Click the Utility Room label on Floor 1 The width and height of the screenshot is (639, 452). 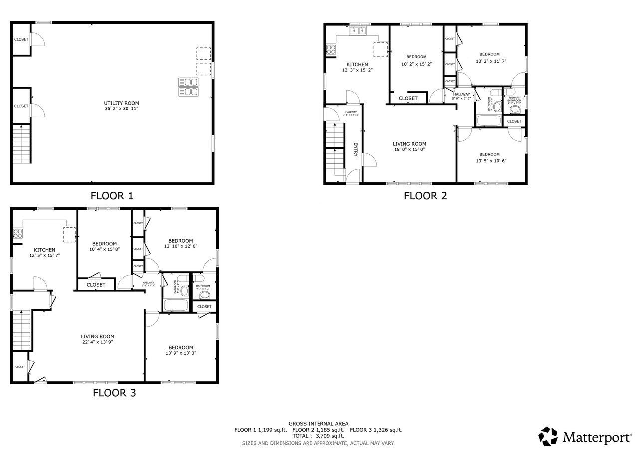coord(121,103)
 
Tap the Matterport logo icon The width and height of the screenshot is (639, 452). coord(548,436)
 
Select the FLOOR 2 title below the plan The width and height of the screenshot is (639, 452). coord(425,196)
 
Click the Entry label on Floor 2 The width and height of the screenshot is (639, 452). coord(356,150)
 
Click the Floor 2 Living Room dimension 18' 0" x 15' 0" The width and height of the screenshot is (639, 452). coord(409,149)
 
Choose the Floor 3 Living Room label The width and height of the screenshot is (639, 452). coord(98,336)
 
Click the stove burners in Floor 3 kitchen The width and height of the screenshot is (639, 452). coord(18,233)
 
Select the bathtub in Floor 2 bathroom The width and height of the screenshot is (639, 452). coord(488,120)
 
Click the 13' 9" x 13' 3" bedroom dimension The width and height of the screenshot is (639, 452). coord(180,353)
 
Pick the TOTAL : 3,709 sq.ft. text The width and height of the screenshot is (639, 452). coord(318,436)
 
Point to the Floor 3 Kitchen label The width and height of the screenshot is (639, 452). coord(44,250)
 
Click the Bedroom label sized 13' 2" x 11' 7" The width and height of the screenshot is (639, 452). coord(489,54)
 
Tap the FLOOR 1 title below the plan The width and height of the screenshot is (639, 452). coord(112,196)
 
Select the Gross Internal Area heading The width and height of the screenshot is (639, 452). coord(318,423)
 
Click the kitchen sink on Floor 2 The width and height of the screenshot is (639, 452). coord(358,31)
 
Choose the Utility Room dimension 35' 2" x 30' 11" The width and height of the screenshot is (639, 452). coord(121,109)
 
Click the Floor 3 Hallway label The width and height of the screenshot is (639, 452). coord(148,283)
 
